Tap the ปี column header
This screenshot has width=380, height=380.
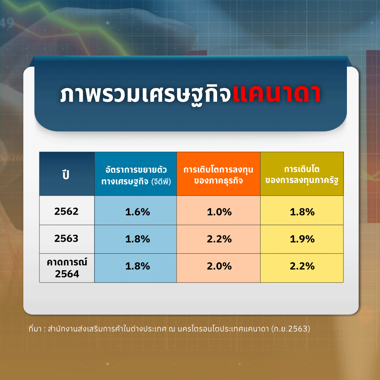(66, 174)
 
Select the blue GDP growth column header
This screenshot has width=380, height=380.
(135, 174)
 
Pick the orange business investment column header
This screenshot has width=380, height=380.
(218, 174)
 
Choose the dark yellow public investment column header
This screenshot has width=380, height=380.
(302, 174)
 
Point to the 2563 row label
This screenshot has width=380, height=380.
(66, 239)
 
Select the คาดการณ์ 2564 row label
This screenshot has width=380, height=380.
(67, 268)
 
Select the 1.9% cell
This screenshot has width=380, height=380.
(302, 239)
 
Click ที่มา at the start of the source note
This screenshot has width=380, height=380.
(35, 329)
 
